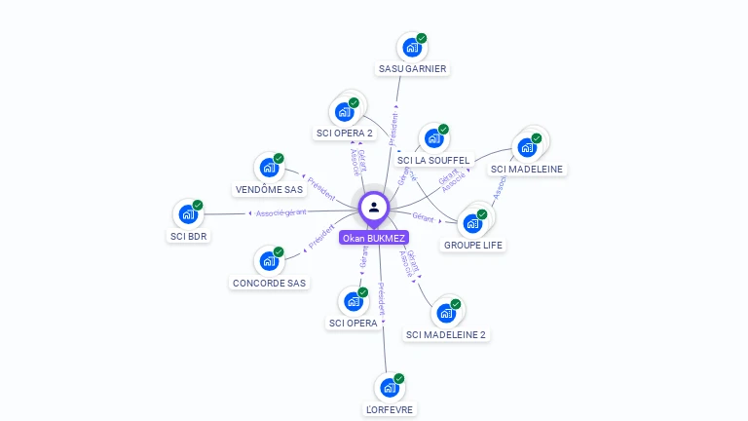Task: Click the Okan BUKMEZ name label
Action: pos(374,238)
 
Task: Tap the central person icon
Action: pos(374,207)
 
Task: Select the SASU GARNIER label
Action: pos(412,69)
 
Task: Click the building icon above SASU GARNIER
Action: pos(412,47)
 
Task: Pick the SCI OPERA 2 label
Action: pos(345,133)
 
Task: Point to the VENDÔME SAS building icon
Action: pos(269,167)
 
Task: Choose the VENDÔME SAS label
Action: pos(270,190)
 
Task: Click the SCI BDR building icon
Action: pos(188,214)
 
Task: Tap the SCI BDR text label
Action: pos(189,236)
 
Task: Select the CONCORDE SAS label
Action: pos(269,284)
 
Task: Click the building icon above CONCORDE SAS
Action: pos(269,260)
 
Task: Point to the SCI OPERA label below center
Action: pos(354,323)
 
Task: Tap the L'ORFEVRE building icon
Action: pos(390,388)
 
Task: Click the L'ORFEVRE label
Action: pos(390,410)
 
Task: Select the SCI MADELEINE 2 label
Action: pos(446,334)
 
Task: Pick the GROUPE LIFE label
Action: pos(473,245)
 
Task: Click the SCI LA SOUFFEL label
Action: pos(433,160)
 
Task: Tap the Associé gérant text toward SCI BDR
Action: pos(280,212)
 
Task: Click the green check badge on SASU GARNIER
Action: pos(422,38)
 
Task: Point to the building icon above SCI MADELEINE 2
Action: pos(446,313)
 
